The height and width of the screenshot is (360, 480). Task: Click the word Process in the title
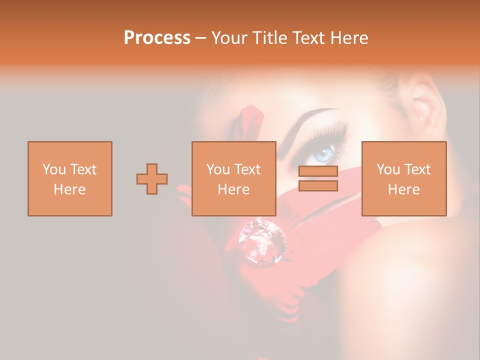(157, 38)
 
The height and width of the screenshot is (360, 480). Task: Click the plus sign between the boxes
(152, 178)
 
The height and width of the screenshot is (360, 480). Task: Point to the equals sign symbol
(318, 178)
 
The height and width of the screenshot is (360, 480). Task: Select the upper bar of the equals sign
(318, 171)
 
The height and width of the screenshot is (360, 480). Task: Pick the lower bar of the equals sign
(318, 186)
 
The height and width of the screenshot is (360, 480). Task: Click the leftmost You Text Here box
(69, 178)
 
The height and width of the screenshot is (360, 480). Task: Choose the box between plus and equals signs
(233, 178)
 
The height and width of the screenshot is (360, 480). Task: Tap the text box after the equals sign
(403, 178)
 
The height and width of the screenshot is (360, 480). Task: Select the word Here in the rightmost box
(403, 189)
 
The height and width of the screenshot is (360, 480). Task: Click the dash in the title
(200, 38)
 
